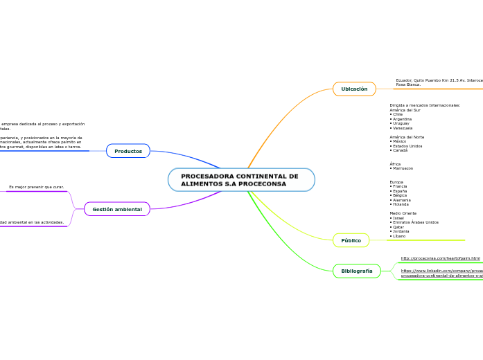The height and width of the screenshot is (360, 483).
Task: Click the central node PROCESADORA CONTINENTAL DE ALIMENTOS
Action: click(x=240, y=180)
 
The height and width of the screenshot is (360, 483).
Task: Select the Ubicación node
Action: click(x=354, y=89)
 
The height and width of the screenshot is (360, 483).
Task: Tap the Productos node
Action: click(x=128, y=151)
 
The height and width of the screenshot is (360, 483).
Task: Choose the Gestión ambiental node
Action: click(x=117, y=209)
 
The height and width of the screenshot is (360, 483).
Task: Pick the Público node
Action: click(x=351, y=240)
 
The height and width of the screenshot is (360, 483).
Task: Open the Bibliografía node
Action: click(x=357, y=271)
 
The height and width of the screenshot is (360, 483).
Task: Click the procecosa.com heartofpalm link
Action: click(x=440, y=258)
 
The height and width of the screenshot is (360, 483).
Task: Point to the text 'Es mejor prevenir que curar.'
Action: click(x=37, y=187)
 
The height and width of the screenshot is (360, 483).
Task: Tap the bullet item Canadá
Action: click(x=400, y=150)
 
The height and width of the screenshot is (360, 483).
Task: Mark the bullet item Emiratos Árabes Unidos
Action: click(x=415, y=222)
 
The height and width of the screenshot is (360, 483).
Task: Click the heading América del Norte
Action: click(x=407, y=137)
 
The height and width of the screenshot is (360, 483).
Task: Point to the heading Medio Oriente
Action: click(x=403, y=213)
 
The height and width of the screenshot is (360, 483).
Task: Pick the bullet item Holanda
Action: click(x=401, y=204)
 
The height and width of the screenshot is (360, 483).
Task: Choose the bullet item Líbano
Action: click(x=399, y=236)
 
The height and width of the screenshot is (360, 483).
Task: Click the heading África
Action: click(x=395, y=164)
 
